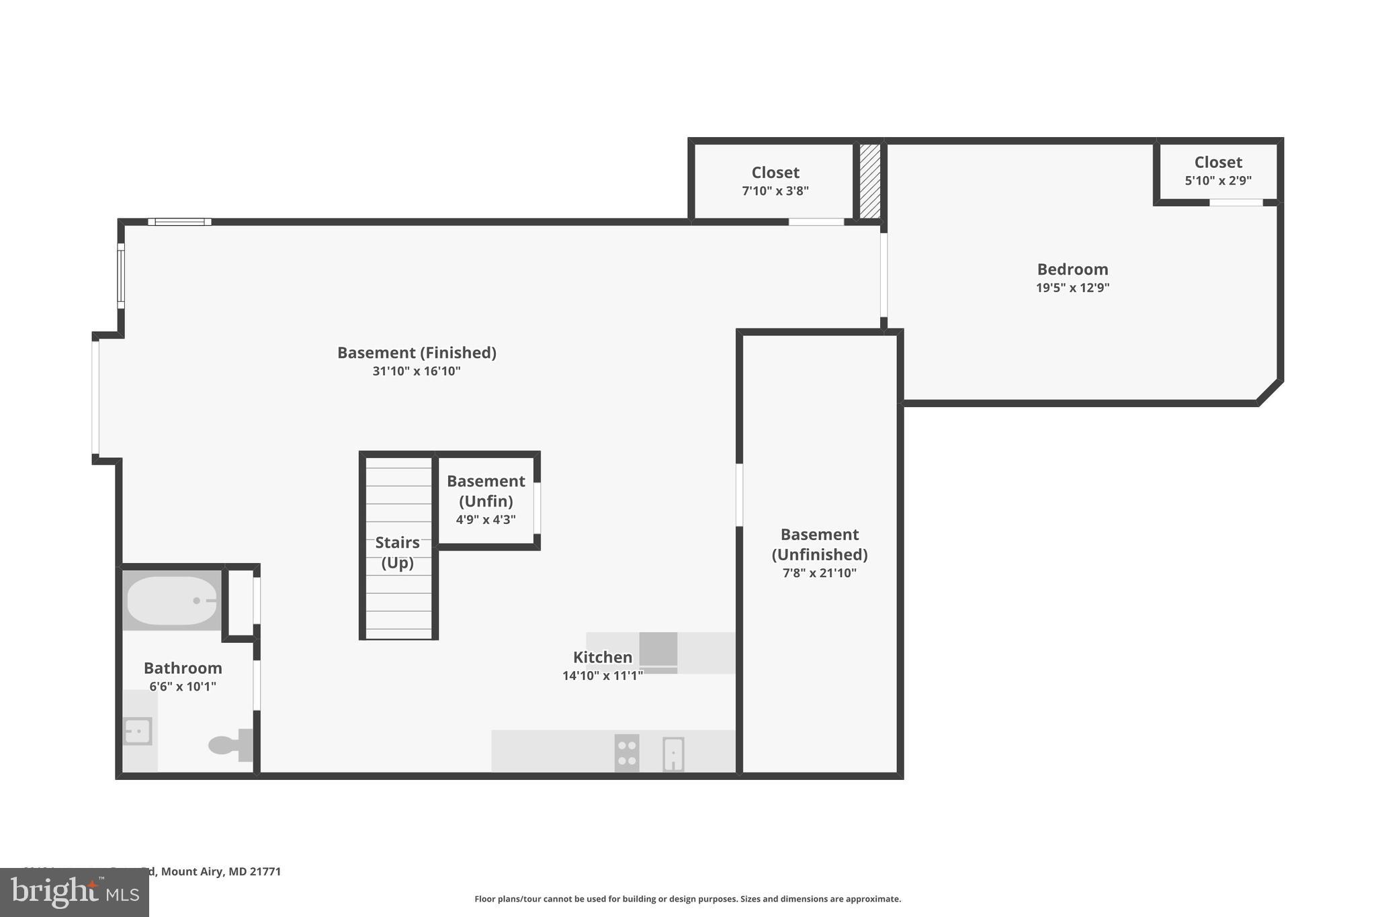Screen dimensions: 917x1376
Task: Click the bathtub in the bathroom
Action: [172, 600]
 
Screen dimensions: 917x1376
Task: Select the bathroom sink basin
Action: [138, 731]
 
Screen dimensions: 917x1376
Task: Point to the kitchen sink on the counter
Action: [673, 754]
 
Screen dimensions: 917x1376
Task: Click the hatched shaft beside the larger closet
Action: [870, 181]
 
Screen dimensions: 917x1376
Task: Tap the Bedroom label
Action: [1072, 269]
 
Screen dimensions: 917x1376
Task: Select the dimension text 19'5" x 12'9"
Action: [1072, 288]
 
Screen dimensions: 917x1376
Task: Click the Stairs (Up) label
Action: [397, 552]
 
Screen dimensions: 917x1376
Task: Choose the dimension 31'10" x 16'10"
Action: [417, 371]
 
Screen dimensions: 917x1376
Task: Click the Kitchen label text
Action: [602, 657]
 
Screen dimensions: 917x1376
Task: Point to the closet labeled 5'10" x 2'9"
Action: [1217, 171]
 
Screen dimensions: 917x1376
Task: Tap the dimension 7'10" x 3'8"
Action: [775, 191]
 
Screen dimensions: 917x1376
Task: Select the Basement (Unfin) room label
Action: [486, 490]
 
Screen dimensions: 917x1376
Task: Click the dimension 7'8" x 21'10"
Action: [819, 573]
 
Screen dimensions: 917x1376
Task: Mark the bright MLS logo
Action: [75, 892]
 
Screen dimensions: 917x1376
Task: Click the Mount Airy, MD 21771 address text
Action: [220, 871]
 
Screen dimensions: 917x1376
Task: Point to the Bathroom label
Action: [183, 668]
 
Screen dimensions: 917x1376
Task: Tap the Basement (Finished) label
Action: [417, 353]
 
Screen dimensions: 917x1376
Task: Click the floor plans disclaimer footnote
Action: [687, 899]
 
